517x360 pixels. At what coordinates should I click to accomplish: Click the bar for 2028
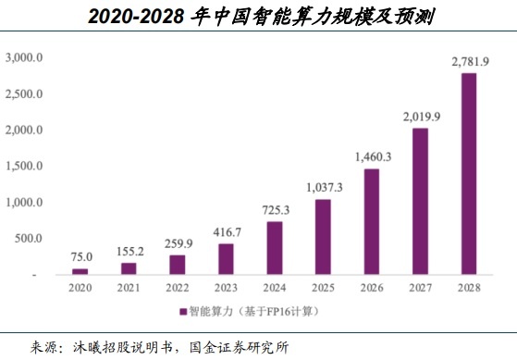click(x=469, y=174)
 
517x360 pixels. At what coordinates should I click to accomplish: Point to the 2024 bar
click(x=275, y=248)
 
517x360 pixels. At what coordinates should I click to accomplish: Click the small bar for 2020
click(x=81, y=272)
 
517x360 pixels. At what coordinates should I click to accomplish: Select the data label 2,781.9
click(x=469, y=61)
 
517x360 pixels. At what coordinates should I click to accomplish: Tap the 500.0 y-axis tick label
click(x=27, y=239)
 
